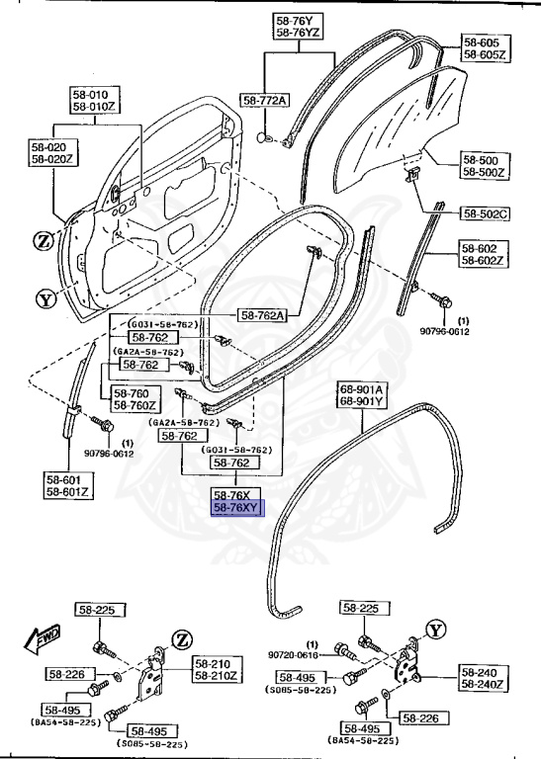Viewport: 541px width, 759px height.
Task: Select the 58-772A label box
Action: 264,101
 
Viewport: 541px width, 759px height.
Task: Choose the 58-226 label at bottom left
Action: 67,674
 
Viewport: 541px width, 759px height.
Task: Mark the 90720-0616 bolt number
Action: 293,654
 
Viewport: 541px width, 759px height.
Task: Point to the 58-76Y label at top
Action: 296,20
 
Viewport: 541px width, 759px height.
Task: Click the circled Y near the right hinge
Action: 436,630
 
